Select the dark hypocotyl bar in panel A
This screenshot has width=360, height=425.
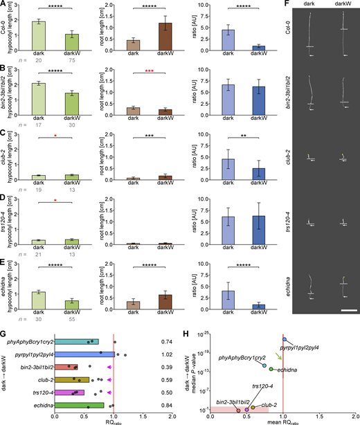click(39, 35)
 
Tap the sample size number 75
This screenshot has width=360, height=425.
click(73, 60)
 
